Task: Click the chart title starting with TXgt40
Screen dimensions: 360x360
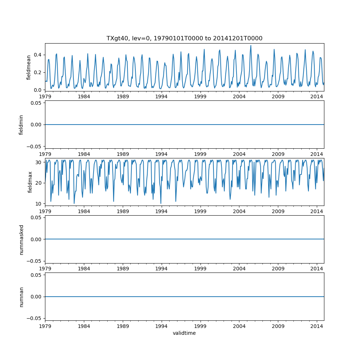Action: pos(184,38)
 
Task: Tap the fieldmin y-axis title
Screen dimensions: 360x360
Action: pos(21,125)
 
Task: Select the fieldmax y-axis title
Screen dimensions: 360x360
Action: pos(30,182)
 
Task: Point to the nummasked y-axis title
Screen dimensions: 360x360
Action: pos(21,239)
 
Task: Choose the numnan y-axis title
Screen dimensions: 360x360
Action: pos(21,297)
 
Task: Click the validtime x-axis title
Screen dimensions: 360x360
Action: pos(184,333)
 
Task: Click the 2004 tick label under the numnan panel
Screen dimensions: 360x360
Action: pos(239,326)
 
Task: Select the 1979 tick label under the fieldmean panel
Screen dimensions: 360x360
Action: pos(45,96)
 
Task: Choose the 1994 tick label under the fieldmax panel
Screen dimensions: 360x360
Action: pos(161,211)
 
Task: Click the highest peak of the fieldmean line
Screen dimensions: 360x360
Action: pos(251,45)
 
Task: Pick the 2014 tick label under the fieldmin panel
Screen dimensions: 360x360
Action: pos(317,154)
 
